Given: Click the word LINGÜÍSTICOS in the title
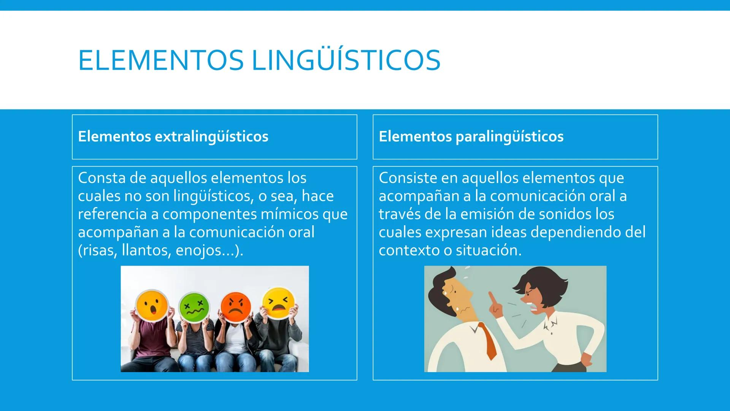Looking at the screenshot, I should tap(346, 60).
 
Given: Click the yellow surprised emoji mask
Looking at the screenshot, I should tap(152, 305).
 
